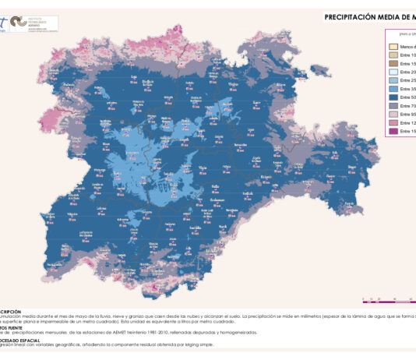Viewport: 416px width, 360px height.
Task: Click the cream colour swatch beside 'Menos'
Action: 393,47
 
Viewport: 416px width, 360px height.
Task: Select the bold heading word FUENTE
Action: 14,326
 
